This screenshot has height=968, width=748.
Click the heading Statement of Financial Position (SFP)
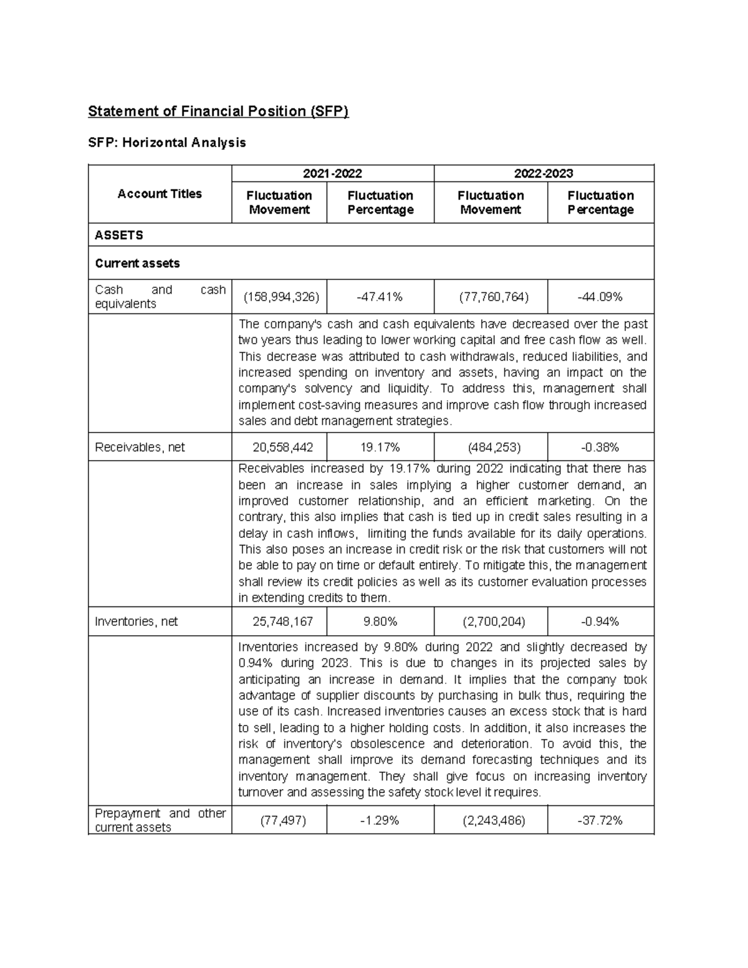[x=218, y=112]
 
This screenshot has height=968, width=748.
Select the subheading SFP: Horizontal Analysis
[x=167, y=143]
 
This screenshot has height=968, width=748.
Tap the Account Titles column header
[x=160, y=194]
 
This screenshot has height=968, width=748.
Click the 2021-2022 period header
[x=332, y=173]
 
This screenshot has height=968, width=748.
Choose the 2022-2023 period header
[x=544, y=173]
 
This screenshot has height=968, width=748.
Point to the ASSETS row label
[x=119, y=235]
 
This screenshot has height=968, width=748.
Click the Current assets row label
[x=137, y=263]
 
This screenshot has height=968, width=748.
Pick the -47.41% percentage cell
[x=380, y=297]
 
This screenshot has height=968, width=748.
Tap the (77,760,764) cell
[x=491, y=297]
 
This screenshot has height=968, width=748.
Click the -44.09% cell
[x=600, y=297]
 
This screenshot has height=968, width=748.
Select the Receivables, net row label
[x=140, y=447]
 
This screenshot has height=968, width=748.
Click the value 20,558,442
[x=279, y=447]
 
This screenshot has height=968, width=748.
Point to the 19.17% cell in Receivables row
[x=380, y=447]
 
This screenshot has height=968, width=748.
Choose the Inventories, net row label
[x=136, y=621]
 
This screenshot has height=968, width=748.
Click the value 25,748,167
[x=279, y=621]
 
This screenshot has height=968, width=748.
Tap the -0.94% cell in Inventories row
[x=600, y=621]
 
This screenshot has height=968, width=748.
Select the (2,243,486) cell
[x=491, y=820]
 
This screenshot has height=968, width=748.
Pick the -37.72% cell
[x=600, y=820]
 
